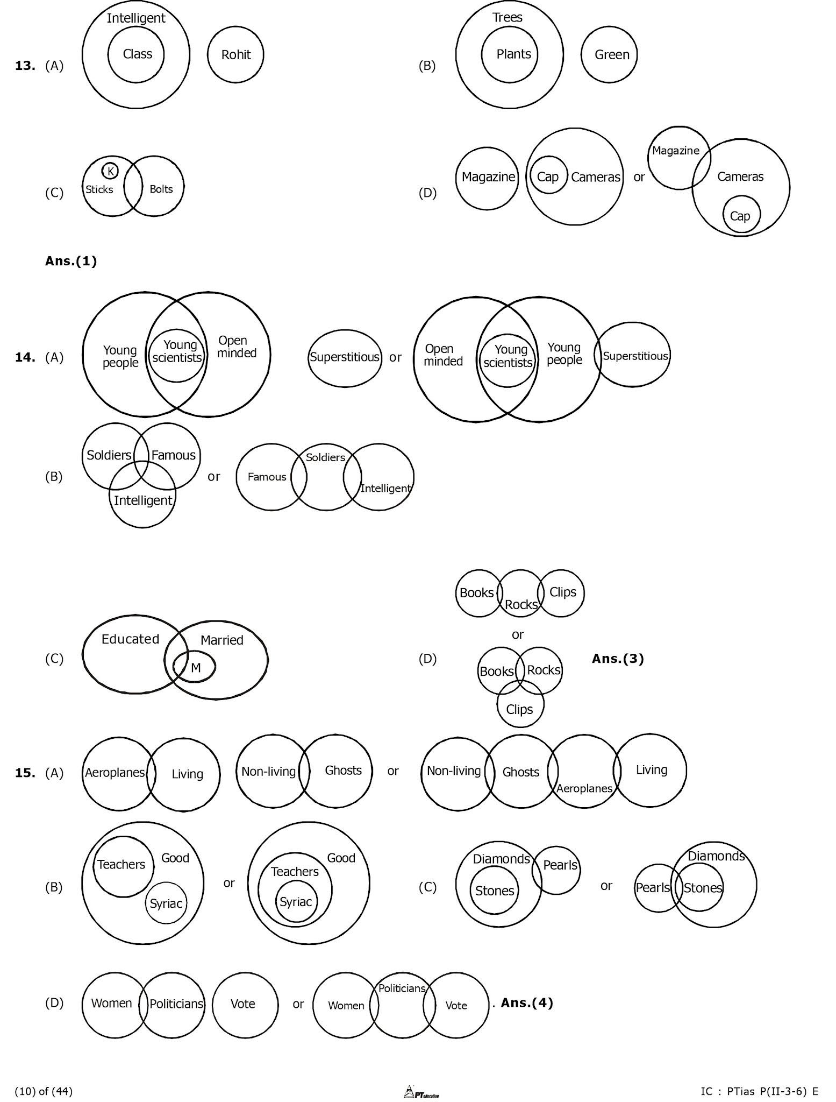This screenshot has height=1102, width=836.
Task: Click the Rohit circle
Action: pyautogui.click(x=235, y=54)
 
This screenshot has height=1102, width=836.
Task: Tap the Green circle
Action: pyautogui.click(x=609, y=54)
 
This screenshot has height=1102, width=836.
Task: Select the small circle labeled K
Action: pyautogui.click(x=110, y=171)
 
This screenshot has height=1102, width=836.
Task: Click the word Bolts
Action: pyautogui.click(x=161, y=189)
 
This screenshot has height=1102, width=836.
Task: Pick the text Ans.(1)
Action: pyautogui.click(x=71, y=262)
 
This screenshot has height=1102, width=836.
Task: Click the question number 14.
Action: pyautogui.click(x=25, y=357)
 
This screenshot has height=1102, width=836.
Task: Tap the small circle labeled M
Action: pyautogui.click(x=195, y=667)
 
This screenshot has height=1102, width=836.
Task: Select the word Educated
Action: pyautogui.click(x=130, y=639)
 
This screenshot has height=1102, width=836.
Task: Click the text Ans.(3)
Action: pyautogui.click(x=618, y=658)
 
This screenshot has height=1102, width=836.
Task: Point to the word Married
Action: pyautogui.click(x=221, y=640)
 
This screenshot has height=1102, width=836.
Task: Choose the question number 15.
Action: pyautogui.click(x=25, y=773)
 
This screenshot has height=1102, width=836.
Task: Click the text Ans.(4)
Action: pyautogui.click(x=527, y=1002)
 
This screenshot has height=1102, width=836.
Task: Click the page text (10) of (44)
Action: pyautogui.click(x=44, y=1091)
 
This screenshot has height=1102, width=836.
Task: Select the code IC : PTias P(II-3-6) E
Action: pyautogui.click(x=759, y=1091)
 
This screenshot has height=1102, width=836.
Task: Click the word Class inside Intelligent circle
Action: pyautogui.click(x=137, y=54)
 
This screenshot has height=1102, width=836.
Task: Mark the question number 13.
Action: pyautogui.click(x=25, y=66)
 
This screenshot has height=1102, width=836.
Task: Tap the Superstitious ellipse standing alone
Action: pyautogui.click(x=345, y=357)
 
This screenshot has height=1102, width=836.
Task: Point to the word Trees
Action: pyautogui.click(x=507, y=17)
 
